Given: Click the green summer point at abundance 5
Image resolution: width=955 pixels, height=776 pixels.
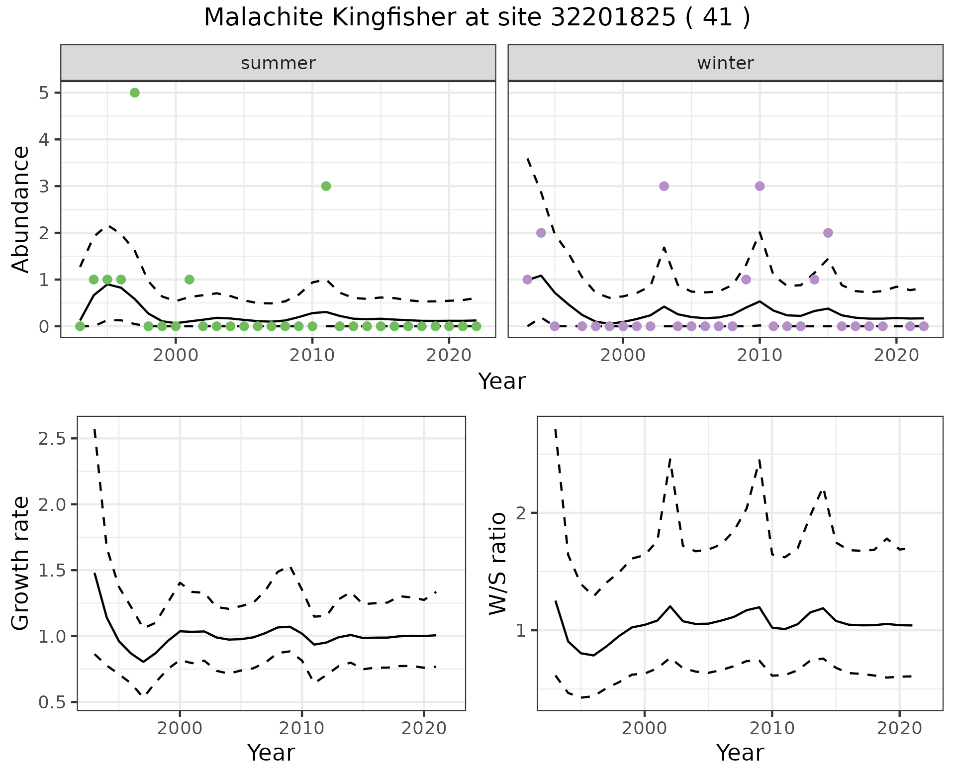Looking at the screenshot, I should [x=134, y=93].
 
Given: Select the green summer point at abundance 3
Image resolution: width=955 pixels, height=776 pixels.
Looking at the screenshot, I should [x=326, y=186].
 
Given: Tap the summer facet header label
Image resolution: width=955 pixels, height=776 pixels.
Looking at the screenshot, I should [x=278, y=63].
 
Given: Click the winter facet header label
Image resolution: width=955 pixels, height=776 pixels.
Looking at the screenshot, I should [x=725, y=63].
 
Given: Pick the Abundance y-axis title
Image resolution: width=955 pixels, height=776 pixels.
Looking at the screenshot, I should [x=21, y=209].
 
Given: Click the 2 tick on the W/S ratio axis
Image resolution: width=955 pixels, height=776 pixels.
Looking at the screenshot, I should [x=521, y=513].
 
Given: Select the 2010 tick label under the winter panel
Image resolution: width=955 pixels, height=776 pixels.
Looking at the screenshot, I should [x=760, y=356].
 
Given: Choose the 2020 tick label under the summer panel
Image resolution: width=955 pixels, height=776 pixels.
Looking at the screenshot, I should [x=449, y=356].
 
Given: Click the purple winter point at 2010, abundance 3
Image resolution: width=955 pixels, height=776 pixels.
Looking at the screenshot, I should [x=760, y=186].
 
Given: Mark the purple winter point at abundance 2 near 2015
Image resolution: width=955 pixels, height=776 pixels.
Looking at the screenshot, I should [x=828, y=233].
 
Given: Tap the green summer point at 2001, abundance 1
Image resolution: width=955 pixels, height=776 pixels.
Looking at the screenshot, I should [x=189, y=280].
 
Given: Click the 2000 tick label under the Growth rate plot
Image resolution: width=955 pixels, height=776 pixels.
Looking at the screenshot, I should [x=180, y=729].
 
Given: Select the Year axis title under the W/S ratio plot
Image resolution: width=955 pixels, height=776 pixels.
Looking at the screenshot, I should [x=740, y=753].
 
